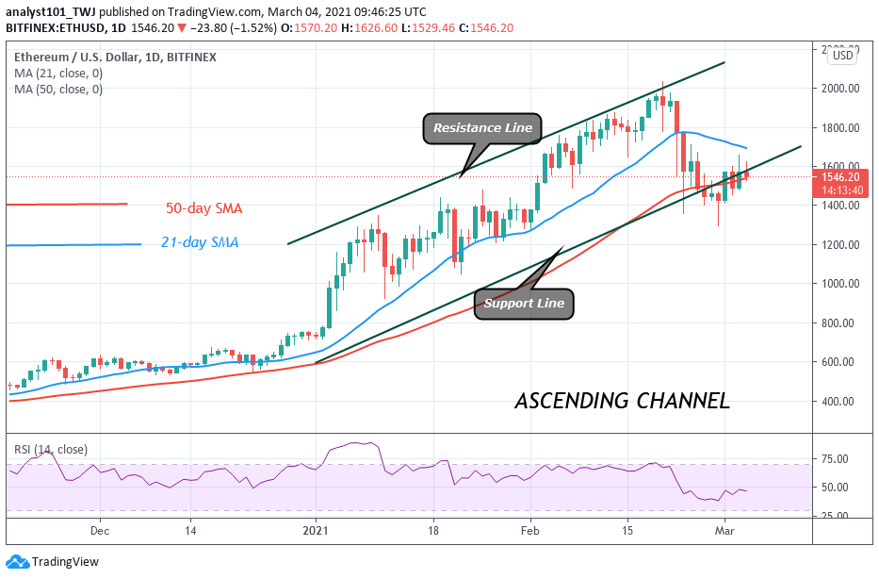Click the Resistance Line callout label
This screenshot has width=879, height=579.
(482, 127)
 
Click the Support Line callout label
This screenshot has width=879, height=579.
(524, 303)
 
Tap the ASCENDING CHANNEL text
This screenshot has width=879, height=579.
(622, 401)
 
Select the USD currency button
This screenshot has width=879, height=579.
(841, 56)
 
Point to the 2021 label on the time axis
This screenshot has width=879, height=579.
(317, 531)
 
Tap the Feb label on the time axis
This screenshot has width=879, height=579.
(529, 531)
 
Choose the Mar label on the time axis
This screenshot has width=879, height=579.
(724, 531)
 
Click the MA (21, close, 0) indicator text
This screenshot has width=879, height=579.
(57, 73)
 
